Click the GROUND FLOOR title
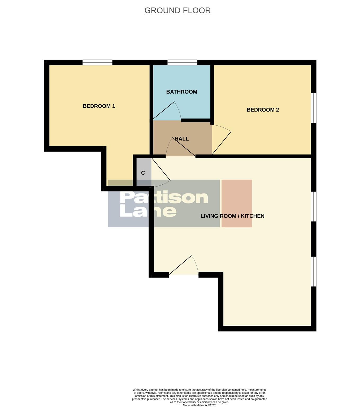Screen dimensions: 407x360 click(x=177, y=11)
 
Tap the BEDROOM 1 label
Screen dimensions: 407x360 click(x=99, y=106)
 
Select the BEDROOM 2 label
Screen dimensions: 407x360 click(x=263, y=110)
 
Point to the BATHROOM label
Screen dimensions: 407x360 click(x=182, y=92)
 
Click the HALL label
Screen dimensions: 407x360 click(x=182, y=139)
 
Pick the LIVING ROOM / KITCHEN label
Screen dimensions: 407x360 click(x=232, y=216)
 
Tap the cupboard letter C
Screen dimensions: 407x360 click(x=143, y=173)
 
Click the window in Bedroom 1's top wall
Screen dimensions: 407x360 click(x=97, y=63)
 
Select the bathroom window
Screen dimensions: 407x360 click(x=183, y=63)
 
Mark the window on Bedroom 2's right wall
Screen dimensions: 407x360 click(x=314, y=108)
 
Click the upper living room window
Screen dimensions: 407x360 click(x=314, y=206)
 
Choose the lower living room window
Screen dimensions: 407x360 click(x=314, y=271)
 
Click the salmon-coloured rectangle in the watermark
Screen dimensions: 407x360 click(x=237, y=203)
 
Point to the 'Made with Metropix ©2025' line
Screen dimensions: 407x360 click(x=199, y=405)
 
